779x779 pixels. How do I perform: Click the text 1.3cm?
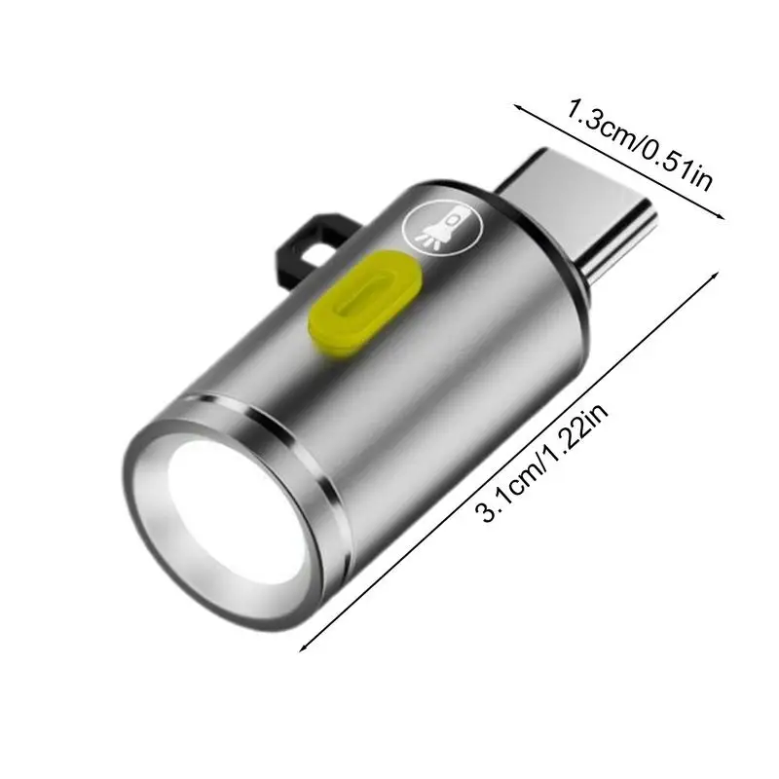click(x=599, y=124)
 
